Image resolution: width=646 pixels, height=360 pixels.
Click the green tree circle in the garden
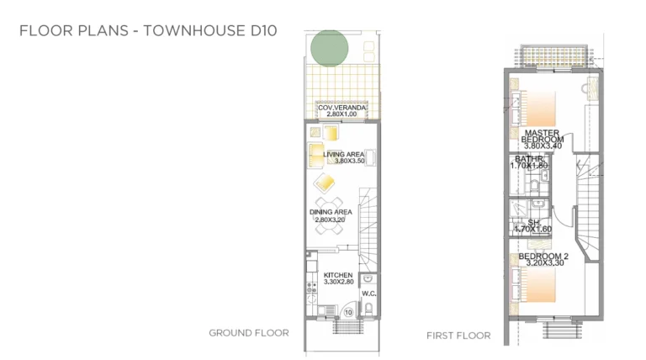pyautogui.click(x=329, y=48)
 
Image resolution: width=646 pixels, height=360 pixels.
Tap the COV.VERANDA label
pyautogui.click(x=342, y=108)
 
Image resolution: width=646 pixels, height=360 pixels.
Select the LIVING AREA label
pyautogui.click(x=343, y=155)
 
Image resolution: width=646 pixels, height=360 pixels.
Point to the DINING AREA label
pyautogui.click(x=331, y=212)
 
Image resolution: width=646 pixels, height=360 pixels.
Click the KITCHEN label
pyautogui.click(x=338, y=275)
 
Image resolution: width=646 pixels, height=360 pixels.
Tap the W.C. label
pyautogui.click(x=368, y=294)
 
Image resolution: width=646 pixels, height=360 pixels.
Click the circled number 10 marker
pyautogui.click(x=348, y=312)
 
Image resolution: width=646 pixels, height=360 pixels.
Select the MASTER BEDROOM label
pyautogui.click(x=543, y=136)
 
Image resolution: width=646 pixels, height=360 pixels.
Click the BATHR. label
pyautogui.click(x=529, y=159)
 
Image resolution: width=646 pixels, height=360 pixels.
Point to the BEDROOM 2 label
pyautogui.click(x=543, y=257)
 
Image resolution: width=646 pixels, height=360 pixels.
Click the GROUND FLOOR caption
pyautogui.click(x=249, y=333)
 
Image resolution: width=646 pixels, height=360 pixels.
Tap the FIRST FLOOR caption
pyautogui.click(x=458, y=336)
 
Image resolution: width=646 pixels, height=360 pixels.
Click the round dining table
pyautogui.click(x=329, y=216)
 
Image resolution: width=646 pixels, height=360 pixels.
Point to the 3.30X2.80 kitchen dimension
pyautogui.click(x=339, y=282)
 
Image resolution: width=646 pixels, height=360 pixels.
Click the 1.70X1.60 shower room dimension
pyautogui.click(x=533, y=229)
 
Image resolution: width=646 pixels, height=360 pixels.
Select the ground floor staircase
pyautogui.click(x=368, y=229)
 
